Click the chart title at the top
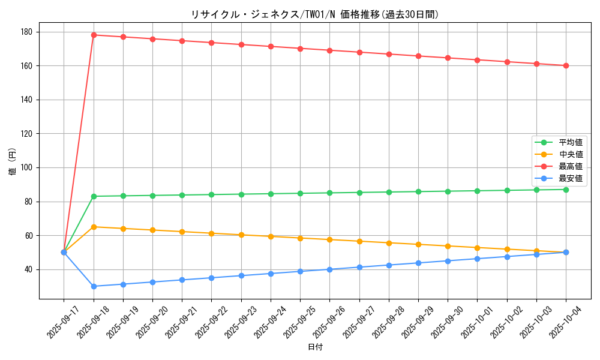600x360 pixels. (314, 15)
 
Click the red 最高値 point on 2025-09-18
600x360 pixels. (94, 35)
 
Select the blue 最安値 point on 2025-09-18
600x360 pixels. (94, 286)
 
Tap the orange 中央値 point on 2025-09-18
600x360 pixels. (94, 227)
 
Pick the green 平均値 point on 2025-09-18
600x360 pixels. (94, 196)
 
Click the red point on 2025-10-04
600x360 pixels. (566, 65)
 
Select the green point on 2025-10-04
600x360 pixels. (566, 190)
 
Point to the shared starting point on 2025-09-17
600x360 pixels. (64, 252)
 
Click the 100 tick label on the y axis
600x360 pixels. (29, 168)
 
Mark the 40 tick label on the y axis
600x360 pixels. (31, 269)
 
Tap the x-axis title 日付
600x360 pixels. (315, 347)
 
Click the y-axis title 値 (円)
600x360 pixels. (13, 162)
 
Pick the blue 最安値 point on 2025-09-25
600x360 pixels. (300, 271)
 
